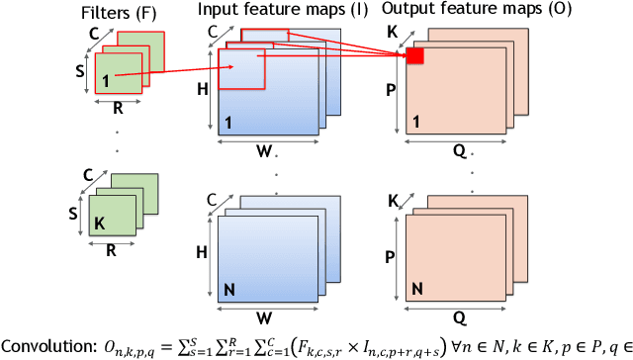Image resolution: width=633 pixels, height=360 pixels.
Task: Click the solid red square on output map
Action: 415,56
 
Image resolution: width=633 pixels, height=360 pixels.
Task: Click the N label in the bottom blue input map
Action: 229,291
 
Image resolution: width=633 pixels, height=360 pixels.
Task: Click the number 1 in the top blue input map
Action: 228,124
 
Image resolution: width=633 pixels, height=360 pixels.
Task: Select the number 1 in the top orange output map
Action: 416,124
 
